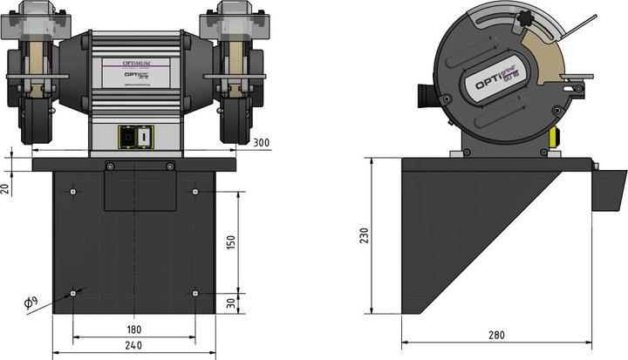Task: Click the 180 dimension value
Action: tap(134, 329)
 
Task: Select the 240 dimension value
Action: tap(134, 346)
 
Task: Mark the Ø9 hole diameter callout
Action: tap(30, 302)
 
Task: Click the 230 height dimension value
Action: tap(365, 236)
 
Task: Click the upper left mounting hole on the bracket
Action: tap(73, 192)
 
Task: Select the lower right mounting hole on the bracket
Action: tap(195, 293)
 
